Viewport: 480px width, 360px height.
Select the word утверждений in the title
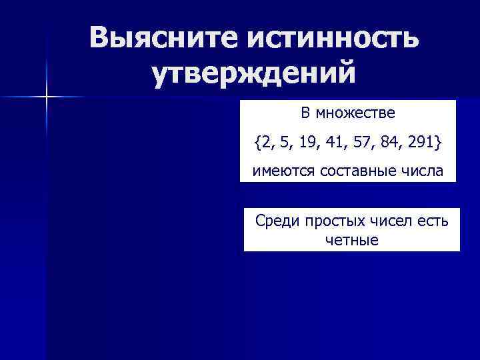253,74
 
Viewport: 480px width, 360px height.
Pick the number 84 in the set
385,142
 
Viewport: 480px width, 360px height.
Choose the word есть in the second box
432,221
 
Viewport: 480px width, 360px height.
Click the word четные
351,239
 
